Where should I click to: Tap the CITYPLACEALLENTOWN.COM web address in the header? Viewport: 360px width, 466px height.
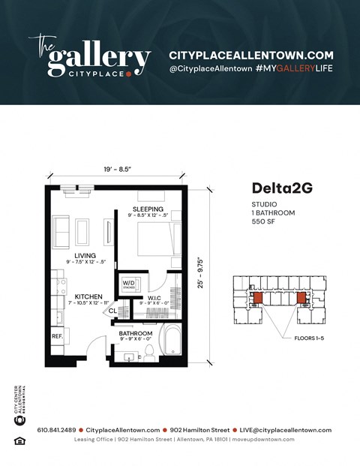[251, 56]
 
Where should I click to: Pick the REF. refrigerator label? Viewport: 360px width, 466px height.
[57, 337]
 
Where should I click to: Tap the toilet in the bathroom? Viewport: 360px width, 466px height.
[149, 350]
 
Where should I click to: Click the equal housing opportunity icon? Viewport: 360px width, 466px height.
[19, 440]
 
